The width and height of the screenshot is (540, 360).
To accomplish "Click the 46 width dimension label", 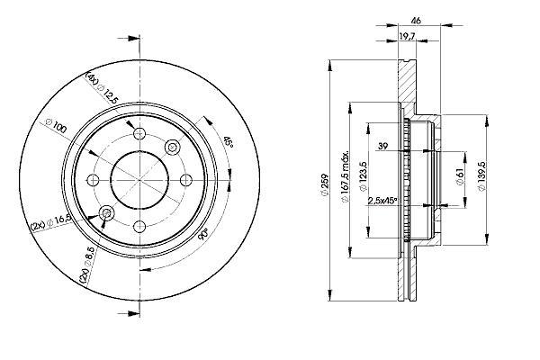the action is (x=416, y=21).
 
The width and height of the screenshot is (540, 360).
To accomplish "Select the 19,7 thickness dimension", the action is (x=407, y=35).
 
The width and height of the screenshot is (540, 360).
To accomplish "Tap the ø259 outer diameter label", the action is (x=323, y=186).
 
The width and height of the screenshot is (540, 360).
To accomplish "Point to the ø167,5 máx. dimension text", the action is (x=345, y=176).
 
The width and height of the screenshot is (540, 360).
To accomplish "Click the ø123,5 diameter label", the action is (x=363, y=176).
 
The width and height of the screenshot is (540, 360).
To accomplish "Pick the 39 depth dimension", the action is (x=382, y=146).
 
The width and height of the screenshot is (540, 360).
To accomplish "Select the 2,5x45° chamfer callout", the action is (x=382, y=201).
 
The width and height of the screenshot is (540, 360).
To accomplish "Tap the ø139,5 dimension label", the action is (x=481, y=176).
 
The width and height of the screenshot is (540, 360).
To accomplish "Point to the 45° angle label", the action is (x=228, y=141).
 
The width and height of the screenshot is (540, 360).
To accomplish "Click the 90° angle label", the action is (x=203, y=234).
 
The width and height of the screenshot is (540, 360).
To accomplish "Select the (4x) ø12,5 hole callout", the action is (x=103, y=88).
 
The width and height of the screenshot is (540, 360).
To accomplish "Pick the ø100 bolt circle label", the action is (x=56, y=126).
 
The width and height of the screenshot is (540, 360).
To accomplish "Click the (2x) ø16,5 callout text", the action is (x=50, y=222).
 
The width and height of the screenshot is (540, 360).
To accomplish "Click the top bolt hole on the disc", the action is (x=139, y=133).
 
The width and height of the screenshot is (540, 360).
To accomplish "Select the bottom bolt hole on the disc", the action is (x=139, y=226).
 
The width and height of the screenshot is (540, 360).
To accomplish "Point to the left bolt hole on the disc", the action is (x=93, y=180).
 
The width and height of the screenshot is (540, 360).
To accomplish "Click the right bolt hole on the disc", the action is (x=186, y=180).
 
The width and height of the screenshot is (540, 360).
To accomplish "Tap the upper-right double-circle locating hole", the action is (x=172, y=147).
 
